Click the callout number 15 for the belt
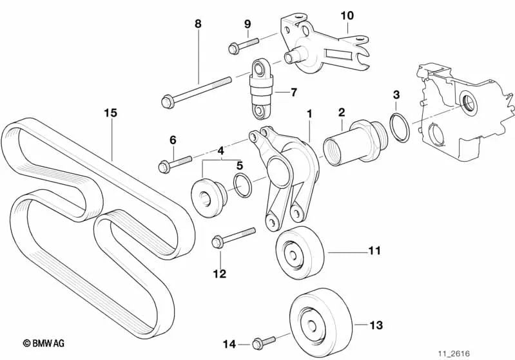coord(110,113)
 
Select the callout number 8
coord(198,24)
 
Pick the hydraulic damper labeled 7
coord(261,90)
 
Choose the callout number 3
coord(396,95)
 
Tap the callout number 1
coord(309,113)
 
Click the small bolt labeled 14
coord(264,341)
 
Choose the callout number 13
coord(376,325)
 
